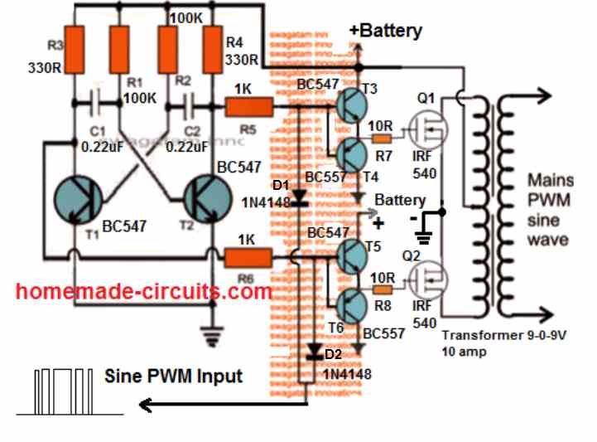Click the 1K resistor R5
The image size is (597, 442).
pyautogui.click(x=248, y=106)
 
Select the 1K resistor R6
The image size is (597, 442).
pyautogui.click(x=248, y=260)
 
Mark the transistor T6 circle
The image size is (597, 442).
pyautogui.click(x=353, y=307)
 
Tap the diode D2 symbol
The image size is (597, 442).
pyautogui.click(x=313, y=352)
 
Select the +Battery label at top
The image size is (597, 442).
pyautogui.click(x=385, y=32)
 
